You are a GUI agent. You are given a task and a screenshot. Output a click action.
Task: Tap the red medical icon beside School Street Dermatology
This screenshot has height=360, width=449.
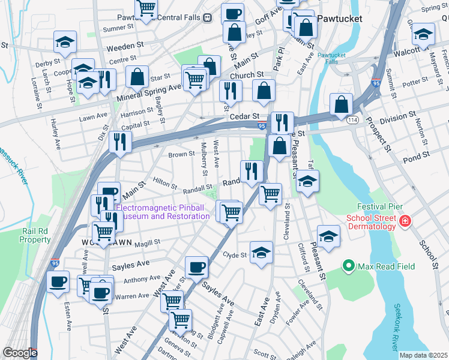(406, 222)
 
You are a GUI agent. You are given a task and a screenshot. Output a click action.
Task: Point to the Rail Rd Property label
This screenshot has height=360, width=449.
(35, 235)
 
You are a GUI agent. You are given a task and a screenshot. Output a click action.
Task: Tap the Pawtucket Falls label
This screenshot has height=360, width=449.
(328, 58)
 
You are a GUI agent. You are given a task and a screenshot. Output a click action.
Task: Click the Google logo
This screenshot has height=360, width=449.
(20, 353)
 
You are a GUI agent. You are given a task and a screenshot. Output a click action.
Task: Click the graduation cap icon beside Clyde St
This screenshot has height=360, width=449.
(262, 253)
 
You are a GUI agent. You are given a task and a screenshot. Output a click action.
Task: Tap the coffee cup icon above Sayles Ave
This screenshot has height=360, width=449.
(196, 267)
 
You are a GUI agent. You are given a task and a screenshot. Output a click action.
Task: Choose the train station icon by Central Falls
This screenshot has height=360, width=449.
(207, 18)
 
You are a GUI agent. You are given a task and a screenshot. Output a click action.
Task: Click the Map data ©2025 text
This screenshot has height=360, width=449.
(423, 355)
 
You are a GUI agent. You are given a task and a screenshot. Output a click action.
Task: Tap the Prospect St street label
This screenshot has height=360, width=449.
(379, 132)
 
